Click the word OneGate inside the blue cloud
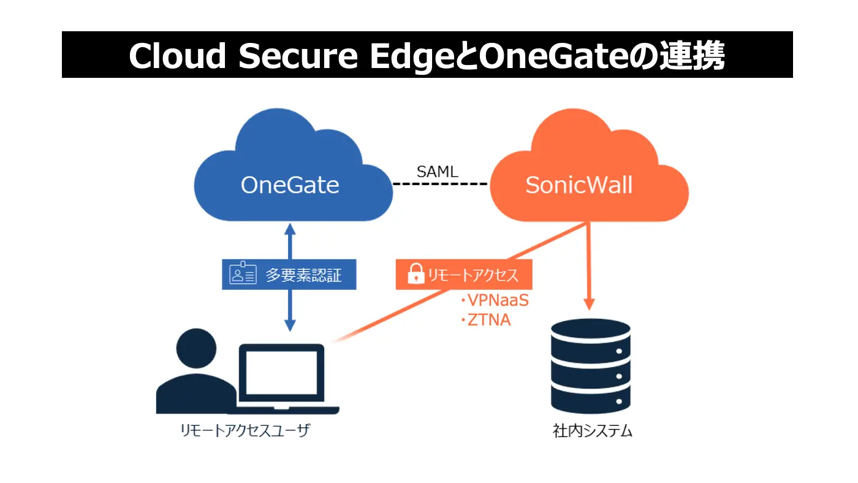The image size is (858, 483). (290, 185)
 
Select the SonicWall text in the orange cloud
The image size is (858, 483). (579, 185)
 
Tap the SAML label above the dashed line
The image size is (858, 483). (438, 172)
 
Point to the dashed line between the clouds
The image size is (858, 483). (441, 184)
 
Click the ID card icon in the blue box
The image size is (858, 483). (243, 273)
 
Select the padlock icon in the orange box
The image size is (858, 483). (416, 273)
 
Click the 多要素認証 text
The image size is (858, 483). (303, 275)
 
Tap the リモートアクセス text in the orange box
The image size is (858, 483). (473, 275)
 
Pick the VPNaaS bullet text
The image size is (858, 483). (495, 300)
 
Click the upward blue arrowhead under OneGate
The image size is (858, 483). (290, 229)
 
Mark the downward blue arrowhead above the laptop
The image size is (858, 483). (290, 325)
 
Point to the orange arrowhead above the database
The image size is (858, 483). (589, 304)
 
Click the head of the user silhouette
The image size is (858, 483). (196, 348)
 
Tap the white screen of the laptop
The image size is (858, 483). (281, 373)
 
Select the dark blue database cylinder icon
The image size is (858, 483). (591, 366)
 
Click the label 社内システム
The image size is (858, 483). (592, 431)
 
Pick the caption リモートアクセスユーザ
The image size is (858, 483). (245, 430)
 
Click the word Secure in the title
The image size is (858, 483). (298, 56)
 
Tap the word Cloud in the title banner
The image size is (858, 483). (177, 56)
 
